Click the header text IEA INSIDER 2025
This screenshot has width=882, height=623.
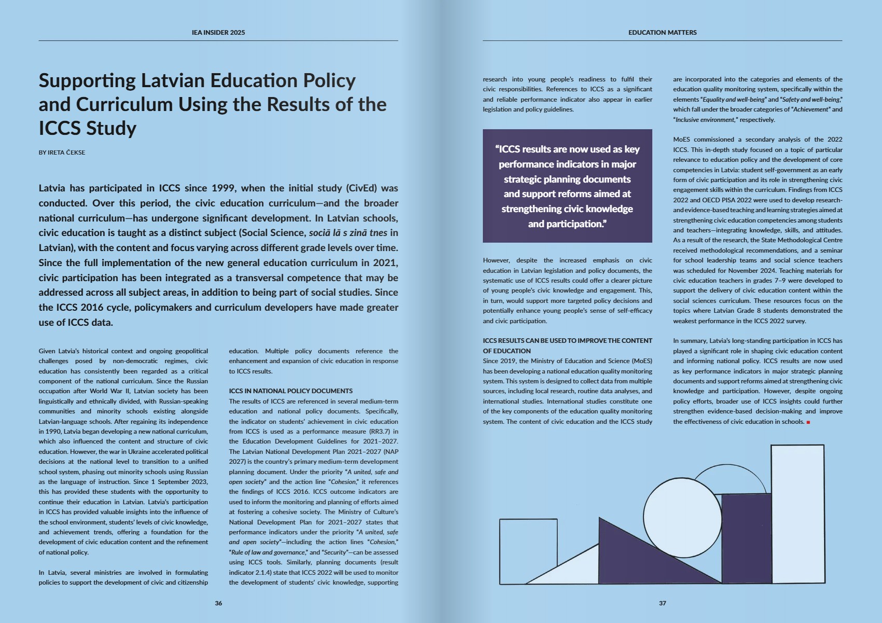[218, 32]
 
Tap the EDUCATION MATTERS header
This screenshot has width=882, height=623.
[662, 32]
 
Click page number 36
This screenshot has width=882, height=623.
[218, 603]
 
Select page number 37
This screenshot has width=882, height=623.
[662, 603]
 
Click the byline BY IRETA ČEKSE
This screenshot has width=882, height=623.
[62, 153]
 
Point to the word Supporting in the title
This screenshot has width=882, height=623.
[87, 81]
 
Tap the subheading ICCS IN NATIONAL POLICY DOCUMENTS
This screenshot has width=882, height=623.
[291, 391]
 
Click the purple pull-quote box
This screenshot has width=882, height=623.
[567, 186]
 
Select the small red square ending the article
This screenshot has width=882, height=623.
[808, 422]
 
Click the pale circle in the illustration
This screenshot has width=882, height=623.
[682, 517]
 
